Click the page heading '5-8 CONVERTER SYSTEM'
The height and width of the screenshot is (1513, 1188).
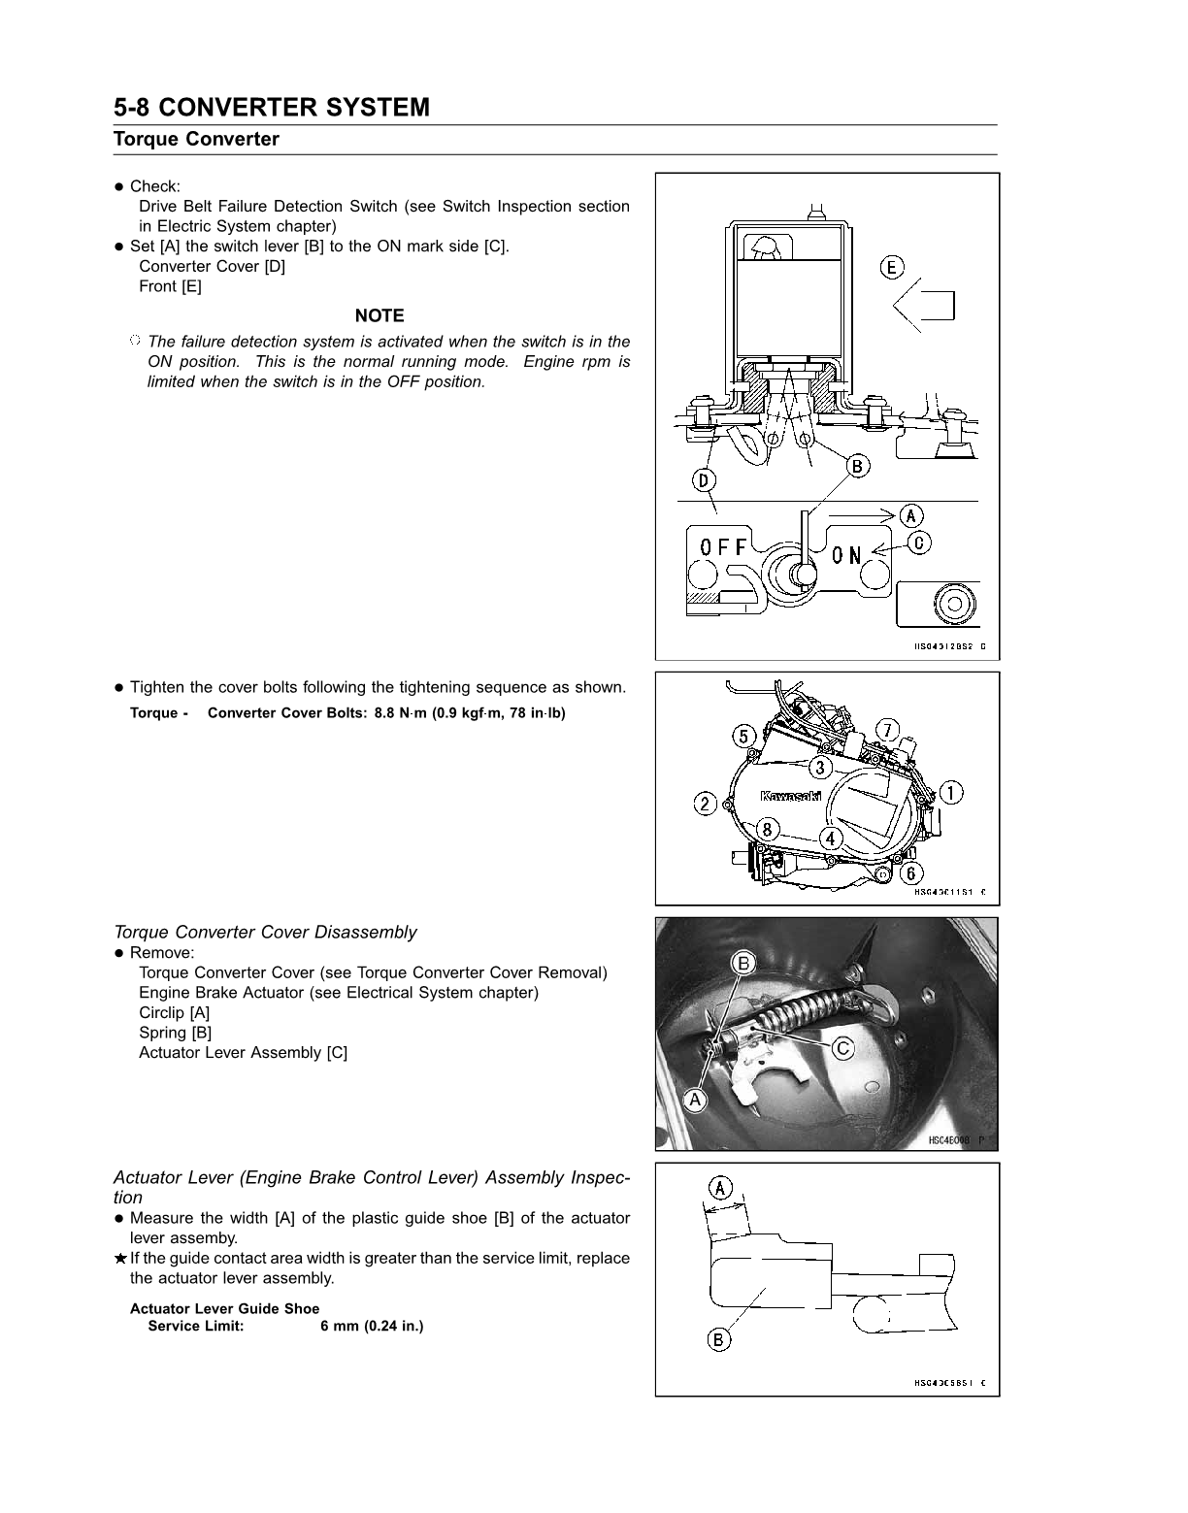[272, 107]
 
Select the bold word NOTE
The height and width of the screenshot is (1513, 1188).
[379, 315]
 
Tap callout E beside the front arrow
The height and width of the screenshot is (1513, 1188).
[892, 267]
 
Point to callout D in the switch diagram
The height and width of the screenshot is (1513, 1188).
[704, 478]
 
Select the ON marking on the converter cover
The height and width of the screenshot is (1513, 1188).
[846, 554]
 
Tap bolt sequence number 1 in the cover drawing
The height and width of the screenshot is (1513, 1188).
[951, 792]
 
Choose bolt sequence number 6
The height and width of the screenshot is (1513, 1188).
[915, 872]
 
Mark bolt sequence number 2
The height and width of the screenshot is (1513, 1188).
[705, 804]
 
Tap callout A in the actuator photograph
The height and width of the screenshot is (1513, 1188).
[695, 1099]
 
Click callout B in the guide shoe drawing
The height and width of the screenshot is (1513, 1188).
[718, 1340]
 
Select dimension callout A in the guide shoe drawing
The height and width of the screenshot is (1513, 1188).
[719, 1187]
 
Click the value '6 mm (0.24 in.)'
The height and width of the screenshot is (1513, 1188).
[372, 1326]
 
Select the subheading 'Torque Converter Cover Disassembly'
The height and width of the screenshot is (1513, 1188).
[265, 932]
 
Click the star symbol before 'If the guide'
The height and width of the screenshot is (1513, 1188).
[120, 1259]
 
